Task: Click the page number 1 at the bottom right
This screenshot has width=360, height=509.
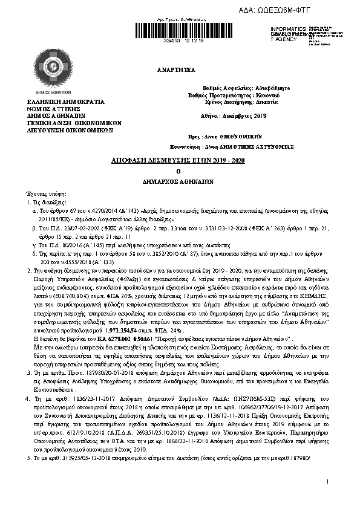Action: [x=326, y=499]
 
